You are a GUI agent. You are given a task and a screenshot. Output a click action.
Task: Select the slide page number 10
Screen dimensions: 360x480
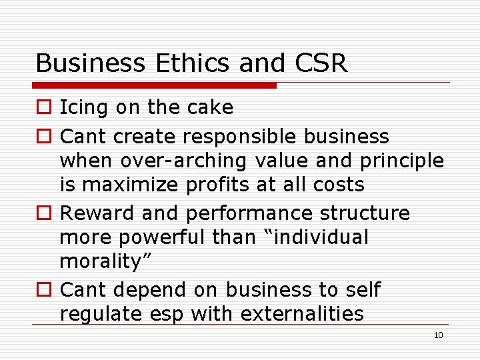pos(438,335)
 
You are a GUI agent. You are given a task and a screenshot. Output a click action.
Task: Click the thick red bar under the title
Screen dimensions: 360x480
pos(155,85)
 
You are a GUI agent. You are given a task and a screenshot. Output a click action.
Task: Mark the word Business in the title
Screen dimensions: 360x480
pos(89,63)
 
